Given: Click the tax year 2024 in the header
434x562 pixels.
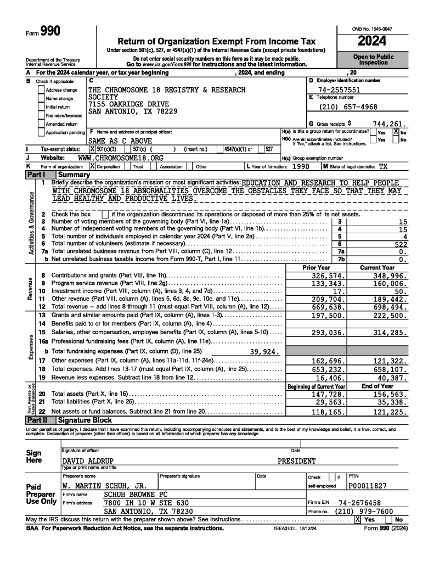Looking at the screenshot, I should pos(372,41).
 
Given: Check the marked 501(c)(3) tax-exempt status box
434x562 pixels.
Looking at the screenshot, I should pos(92,149).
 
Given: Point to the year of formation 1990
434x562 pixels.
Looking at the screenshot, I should pos(304,166).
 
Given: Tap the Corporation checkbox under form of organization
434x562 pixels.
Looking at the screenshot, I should pos(92,166).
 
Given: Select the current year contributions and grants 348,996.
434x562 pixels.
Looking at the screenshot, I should pos(391,275).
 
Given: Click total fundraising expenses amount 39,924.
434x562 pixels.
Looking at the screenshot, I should pos(265,352).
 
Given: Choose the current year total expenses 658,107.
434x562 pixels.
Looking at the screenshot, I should pos(391,369).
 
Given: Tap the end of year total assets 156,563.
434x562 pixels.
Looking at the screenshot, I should pos(391,394).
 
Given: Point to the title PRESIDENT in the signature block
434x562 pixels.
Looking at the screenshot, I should pos(296,461).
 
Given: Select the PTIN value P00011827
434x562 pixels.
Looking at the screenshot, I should pos(368,486).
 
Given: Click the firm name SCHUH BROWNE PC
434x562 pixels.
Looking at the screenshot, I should pos(136,494).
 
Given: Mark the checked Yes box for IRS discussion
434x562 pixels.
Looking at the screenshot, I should pos(357,519).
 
